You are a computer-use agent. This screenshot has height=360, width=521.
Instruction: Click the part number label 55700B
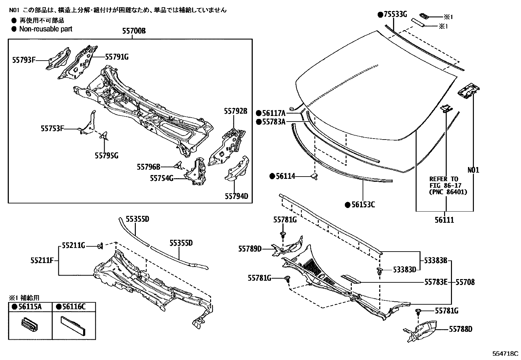pyautogui.click(x=134, y=31)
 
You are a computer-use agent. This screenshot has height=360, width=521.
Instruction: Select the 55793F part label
pyautogui.click(x=24, y=60)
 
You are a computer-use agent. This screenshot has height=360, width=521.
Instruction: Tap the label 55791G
pyautogui.click(x=117, y=57)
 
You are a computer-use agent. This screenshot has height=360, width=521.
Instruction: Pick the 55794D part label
pyautogui.click(x=237, y=196)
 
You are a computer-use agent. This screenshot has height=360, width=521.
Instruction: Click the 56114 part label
pyautogui.click(x=285, y=176)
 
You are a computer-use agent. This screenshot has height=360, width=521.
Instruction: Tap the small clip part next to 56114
pyautogui.click(x=314, y=177)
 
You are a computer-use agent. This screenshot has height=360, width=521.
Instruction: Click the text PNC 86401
pyautogui.click(x=448, y=192)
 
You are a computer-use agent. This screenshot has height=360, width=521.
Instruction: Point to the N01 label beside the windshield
pyautogui.click(x=473, y=170)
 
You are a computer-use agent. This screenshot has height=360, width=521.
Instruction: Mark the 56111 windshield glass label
pyautogui.click(x=444, y=220)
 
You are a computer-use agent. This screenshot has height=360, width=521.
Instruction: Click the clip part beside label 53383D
pyautogui.click(x=379, y=271)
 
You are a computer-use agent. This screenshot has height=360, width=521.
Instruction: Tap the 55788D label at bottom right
pyautogui.click(x=461, y=329)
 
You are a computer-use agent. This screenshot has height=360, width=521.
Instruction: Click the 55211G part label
pyautogui.click(x=74, y=245)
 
